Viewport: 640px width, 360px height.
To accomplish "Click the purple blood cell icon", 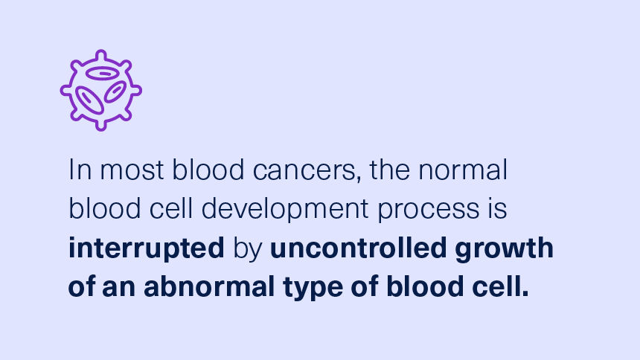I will (x=100, y=90).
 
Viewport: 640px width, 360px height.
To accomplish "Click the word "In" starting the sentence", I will (x=77, y=170).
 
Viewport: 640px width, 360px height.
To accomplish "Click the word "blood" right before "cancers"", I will (x=205, y=170).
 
